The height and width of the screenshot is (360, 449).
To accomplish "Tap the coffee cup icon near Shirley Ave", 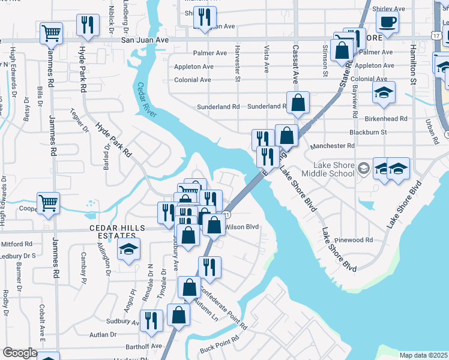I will [x=387, y=22].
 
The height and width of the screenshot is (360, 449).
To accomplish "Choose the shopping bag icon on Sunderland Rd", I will [x=298, y=103].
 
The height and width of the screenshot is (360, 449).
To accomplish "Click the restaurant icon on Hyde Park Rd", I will [x=88, y=25].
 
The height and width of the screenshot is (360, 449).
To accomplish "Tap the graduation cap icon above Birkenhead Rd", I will [x=384, y=92].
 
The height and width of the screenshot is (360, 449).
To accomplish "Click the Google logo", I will [x=20, y=353].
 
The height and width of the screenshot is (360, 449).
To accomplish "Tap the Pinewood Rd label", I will [x=355, y=239].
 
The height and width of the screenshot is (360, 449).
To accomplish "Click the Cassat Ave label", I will [x=295, y=65].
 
